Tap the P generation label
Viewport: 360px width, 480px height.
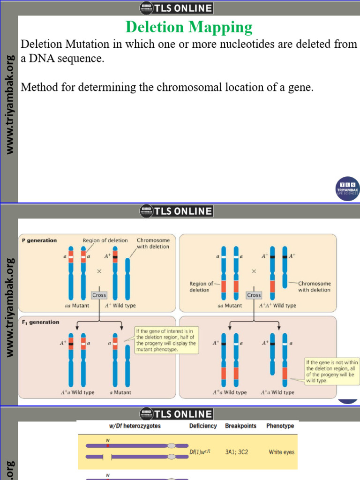(x=39, y=240)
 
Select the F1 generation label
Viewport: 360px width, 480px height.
(x=40, y=322)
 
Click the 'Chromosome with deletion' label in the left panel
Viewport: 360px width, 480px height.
(x=153, y=243)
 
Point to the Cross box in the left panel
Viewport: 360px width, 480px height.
(x=99, y=295)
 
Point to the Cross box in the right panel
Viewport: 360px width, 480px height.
(x=254, y=295)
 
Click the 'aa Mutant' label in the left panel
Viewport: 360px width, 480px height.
(x=77, y=306)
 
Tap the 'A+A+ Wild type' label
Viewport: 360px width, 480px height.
(x=278, y=306)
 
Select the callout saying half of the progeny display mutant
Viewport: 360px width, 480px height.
(x=166, y=340)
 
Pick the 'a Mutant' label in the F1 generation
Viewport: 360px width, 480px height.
(x=120, y=392)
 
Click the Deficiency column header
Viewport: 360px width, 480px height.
(x=203, y=426)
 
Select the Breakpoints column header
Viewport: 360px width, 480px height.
(x=241, y=426)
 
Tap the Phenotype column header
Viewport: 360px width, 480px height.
(x=280, y=426)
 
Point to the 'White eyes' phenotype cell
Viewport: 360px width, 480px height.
(x=282, y=452)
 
